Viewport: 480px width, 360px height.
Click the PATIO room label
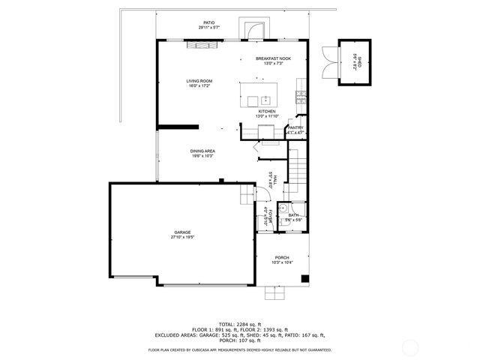(208, 23)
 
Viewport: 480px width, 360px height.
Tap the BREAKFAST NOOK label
(273, 58)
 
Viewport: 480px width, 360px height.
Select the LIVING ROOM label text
(200, 80)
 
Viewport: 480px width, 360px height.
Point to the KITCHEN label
(267, 111)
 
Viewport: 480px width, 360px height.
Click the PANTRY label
(295, 128)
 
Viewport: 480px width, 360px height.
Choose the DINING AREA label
(202, 151)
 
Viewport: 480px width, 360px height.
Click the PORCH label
(282, 257)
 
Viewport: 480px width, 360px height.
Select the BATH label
(293, 215)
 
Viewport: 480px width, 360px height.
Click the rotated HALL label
(274, 178)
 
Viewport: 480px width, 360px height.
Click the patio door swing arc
(253, 30)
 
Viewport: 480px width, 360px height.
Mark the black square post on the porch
(304, 279)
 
